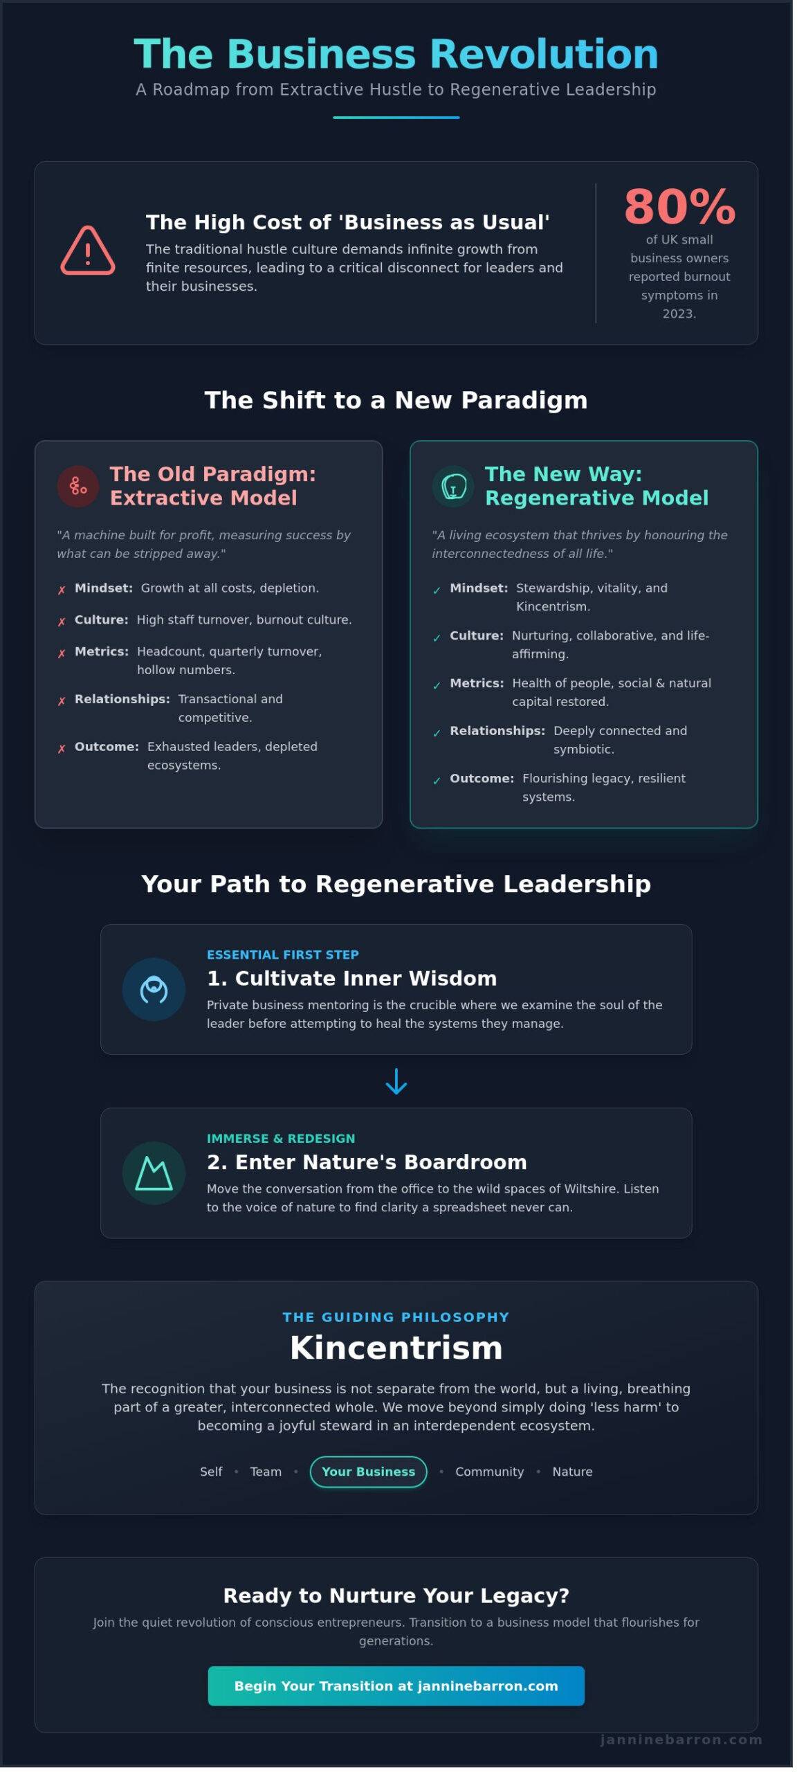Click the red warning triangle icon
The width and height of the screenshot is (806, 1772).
tap(88, 251)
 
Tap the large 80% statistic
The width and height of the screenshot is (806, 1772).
tap(679, 206)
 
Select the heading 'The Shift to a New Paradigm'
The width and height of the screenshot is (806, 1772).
tap(396, 400)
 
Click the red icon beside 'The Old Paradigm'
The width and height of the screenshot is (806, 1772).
tap(78, 486)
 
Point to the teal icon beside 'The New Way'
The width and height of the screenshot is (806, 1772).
tap(453, 486)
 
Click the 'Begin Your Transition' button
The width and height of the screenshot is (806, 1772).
tap(396, 1685)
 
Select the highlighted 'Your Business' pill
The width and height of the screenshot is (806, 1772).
tap(368, 1471)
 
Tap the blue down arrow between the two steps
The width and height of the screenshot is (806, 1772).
tap(396, 1081)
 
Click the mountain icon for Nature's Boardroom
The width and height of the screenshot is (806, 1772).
tap(154, 1173)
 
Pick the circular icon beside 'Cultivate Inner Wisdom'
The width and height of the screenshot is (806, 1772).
tap(154, 989)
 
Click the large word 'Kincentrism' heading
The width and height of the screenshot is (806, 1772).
tap(396, 1348)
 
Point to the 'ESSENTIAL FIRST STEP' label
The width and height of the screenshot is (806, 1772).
tap(282, 955)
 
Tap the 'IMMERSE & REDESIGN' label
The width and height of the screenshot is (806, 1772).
tap(281, 1138)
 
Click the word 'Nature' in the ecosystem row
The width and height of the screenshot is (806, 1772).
tap(572, 1472)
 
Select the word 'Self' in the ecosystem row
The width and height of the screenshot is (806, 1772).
tap(211, 1472)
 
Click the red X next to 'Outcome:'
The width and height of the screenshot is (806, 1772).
tap(62, 748)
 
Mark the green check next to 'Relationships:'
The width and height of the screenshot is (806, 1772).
tap(437, 733)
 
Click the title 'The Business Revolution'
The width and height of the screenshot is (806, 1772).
tap(396, 54)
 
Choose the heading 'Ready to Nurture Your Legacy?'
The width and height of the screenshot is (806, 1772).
tap(396, 1595)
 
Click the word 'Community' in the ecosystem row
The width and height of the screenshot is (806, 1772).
tap(489, 1472)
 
